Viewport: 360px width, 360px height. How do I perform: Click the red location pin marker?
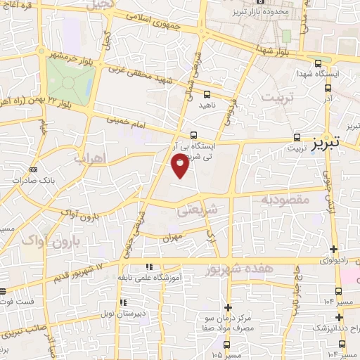pos(180,166)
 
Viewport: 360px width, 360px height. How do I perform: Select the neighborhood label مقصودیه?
pos(285,200)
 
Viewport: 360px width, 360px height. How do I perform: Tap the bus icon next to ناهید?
pos(206,93)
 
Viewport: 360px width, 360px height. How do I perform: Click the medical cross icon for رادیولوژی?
pos(333,249)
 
